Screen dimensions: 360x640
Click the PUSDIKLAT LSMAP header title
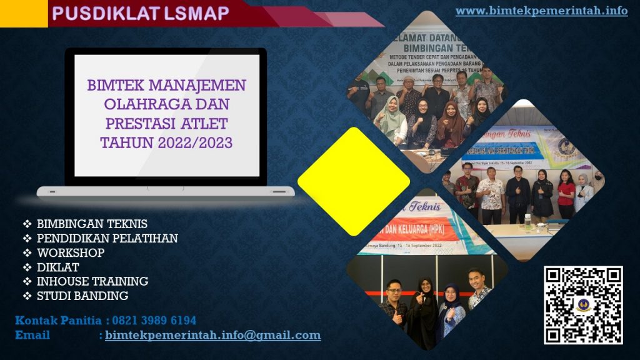point(141,13)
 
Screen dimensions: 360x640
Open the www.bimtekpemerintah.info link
point(541,11)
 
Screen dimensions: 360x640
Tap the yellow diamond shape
point(353,181)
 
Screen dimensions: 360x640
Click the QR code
point(582,304)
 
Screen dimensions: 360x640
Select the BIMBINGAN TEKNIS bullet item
point(92,224)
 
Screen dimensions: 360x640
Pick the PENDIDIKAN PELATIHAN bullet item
point(107,238)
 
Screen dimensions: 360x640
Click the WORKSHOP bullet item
point(71,252)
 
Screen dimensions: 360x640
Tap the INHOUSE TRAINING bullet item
point(92,281)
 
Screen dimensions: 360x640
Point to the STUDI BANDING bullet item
point(82,296)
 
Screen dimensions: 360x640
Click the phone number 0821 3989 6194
point(154,321)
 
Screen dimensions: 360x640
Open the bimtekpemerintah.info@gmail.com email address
point(212,336)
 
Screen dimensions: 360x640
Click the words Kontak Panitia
point(58,321)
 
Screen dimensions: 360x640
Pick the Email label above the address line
point(32,336)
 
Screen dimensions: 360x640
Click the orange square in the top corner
point(23,13)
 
